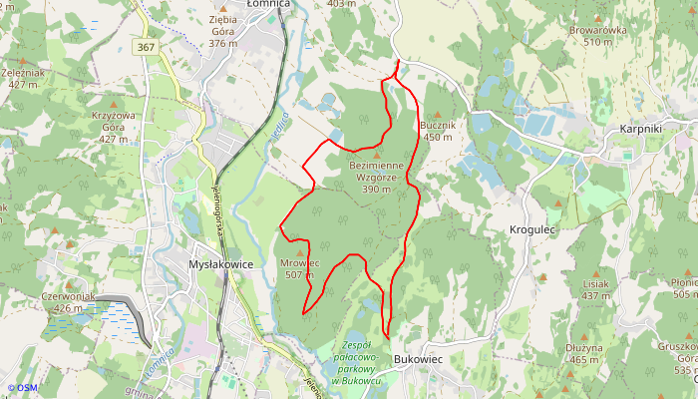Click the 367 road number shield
[x=146, y=47]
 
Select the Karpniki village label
[x=641, y=130]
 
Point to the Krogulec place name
[x=531, y=228]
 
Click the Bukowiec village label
[x=418, y=359]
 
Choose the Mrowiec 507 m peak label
[x=300, y=268]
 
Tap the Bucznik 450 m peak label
[x=438, y=131]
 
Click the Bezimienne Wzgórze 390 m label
[x=376, y=177]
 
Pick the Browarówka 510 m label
[x=597, y=36]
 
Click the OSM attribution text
[x=22, y=388]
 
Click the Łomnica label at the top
[x=266, y=4]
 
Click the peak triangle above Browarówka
[x=597, y=18]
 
